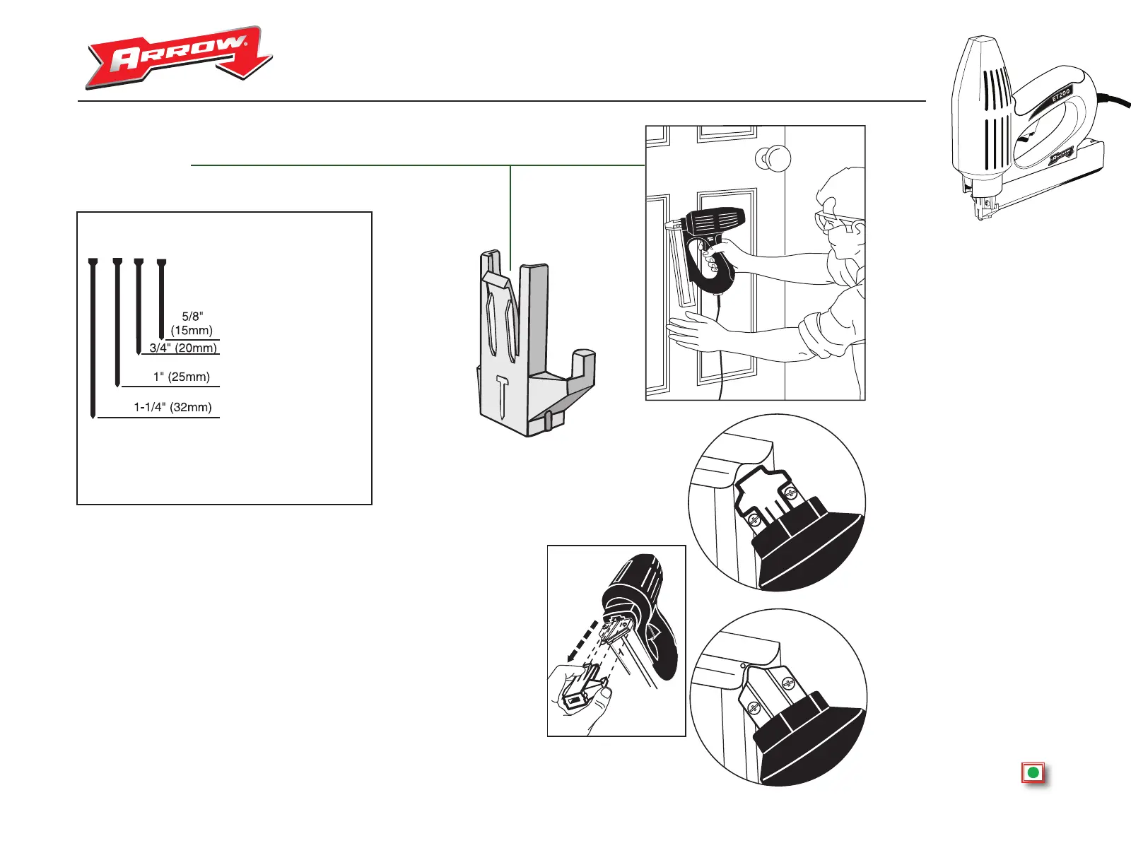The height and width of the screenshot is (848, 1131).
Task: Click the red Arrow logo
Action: [x=178, y=58]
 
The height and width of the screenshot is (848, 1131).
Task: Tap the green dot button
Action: [x=1033, y=773]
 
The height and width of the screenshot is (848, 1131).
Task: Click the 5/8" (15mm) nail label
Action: [x=192, y=324]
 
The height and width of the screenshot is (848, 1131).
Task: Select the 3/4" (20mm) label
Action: [x=183, y=348]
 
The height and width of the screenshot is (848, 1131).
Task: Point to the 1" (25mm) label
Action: [x=182, y=377]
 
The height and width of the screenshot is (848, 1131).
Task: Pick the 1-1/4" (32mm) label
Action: [x=172, y=407]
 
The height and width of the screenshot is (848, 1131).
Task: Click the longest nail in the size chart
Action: [x=93, y=339]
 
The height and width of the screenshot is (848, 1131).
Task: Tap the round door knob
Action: [x=775, y=158]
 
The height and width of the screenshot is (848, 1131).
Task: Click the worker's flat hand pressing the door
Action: [x=696, y=331]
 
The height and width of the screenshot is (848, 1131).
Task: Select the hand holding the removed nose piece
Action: [x=583, y=700]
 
